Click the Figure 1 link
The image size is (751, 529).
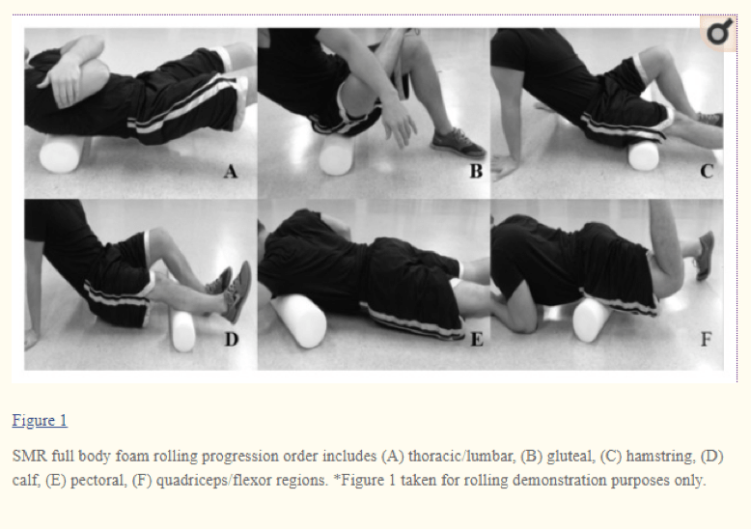point(40,421)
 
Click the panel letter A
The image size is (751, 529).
point(230,173)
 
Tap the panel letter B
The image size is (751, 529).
point(475,173)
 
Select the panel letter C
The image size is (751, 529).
point(707,173)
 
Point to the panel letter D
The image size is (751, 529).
point(231,340)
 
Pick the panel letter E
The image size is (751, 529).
point(475,340)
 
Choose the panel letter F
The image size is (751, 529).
point(707,340)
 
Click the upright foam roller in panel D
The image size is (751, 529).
point(182,324)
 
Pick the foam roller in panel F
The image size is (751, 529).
point(592,319)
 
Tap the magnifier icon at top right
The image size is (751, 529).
point(718,34)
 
